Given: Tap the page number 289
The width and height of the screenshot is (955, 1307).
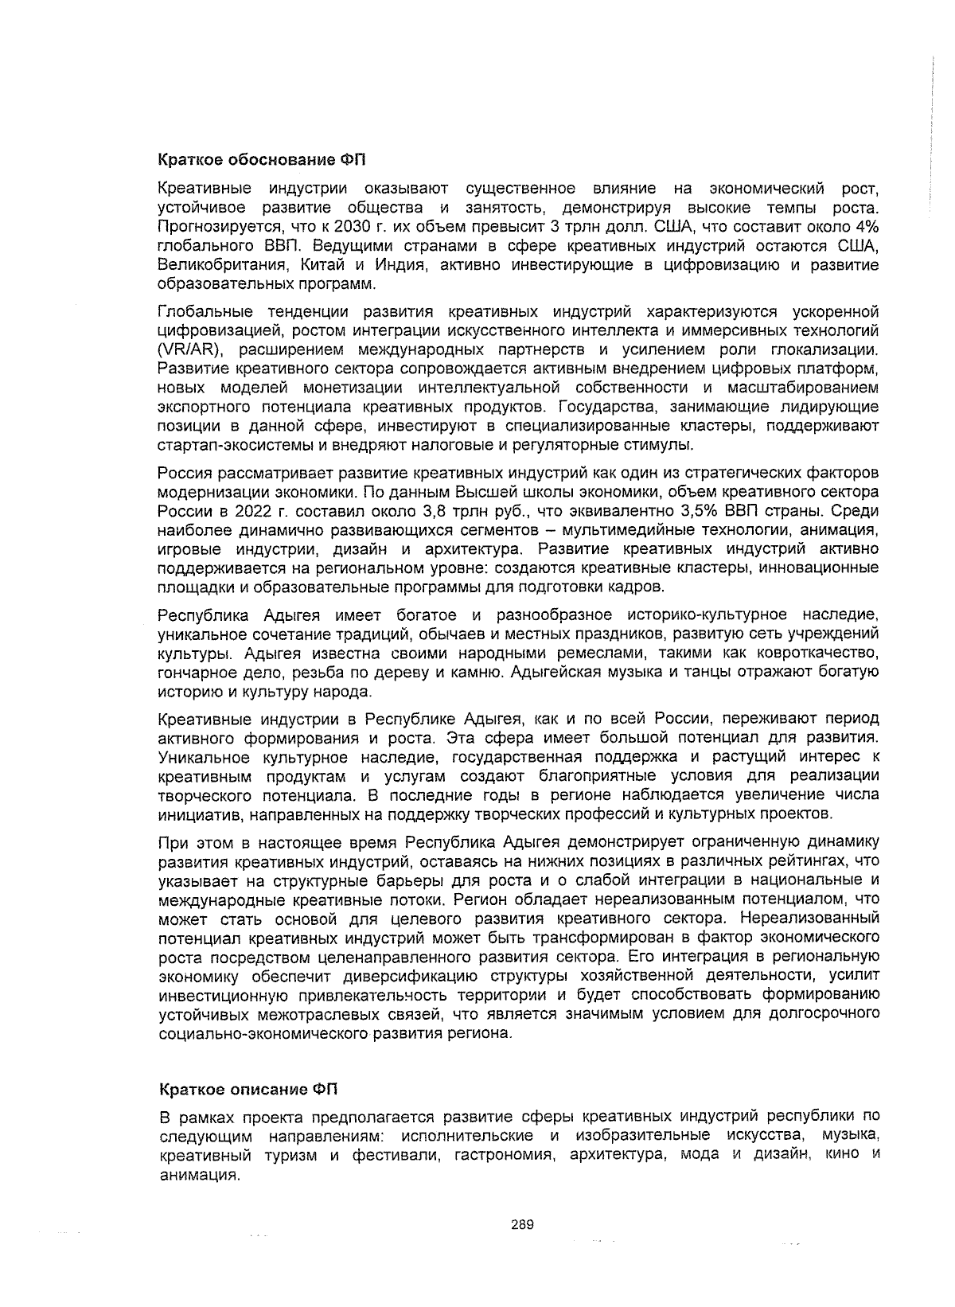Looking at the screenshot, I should click(522, 1224).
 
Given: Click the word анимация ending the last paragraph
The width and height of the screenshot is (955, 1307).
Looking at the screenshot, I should click(199, 1174).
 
